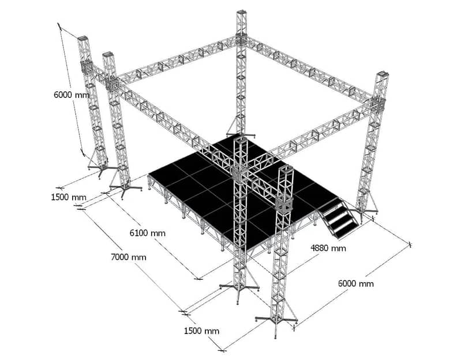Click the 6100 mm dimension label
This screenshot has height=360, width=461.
147,233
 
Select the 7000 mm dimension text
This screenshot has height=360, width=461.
129,257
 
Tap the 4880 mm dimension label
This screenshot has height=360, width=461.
328,248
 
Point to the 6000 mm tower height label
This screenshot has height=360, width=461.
72,95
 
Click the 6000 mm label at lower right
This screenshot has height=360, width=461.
356,284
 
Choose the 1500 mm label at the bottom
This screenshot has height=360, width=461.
202,331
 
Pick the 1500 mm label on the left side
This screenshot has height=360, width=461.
69,197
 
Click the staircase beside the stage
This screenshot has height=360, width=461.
339,216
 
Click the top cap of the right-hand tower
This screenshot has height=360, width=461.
383,73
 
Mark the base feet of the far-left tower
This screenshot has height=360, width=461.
99,170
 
